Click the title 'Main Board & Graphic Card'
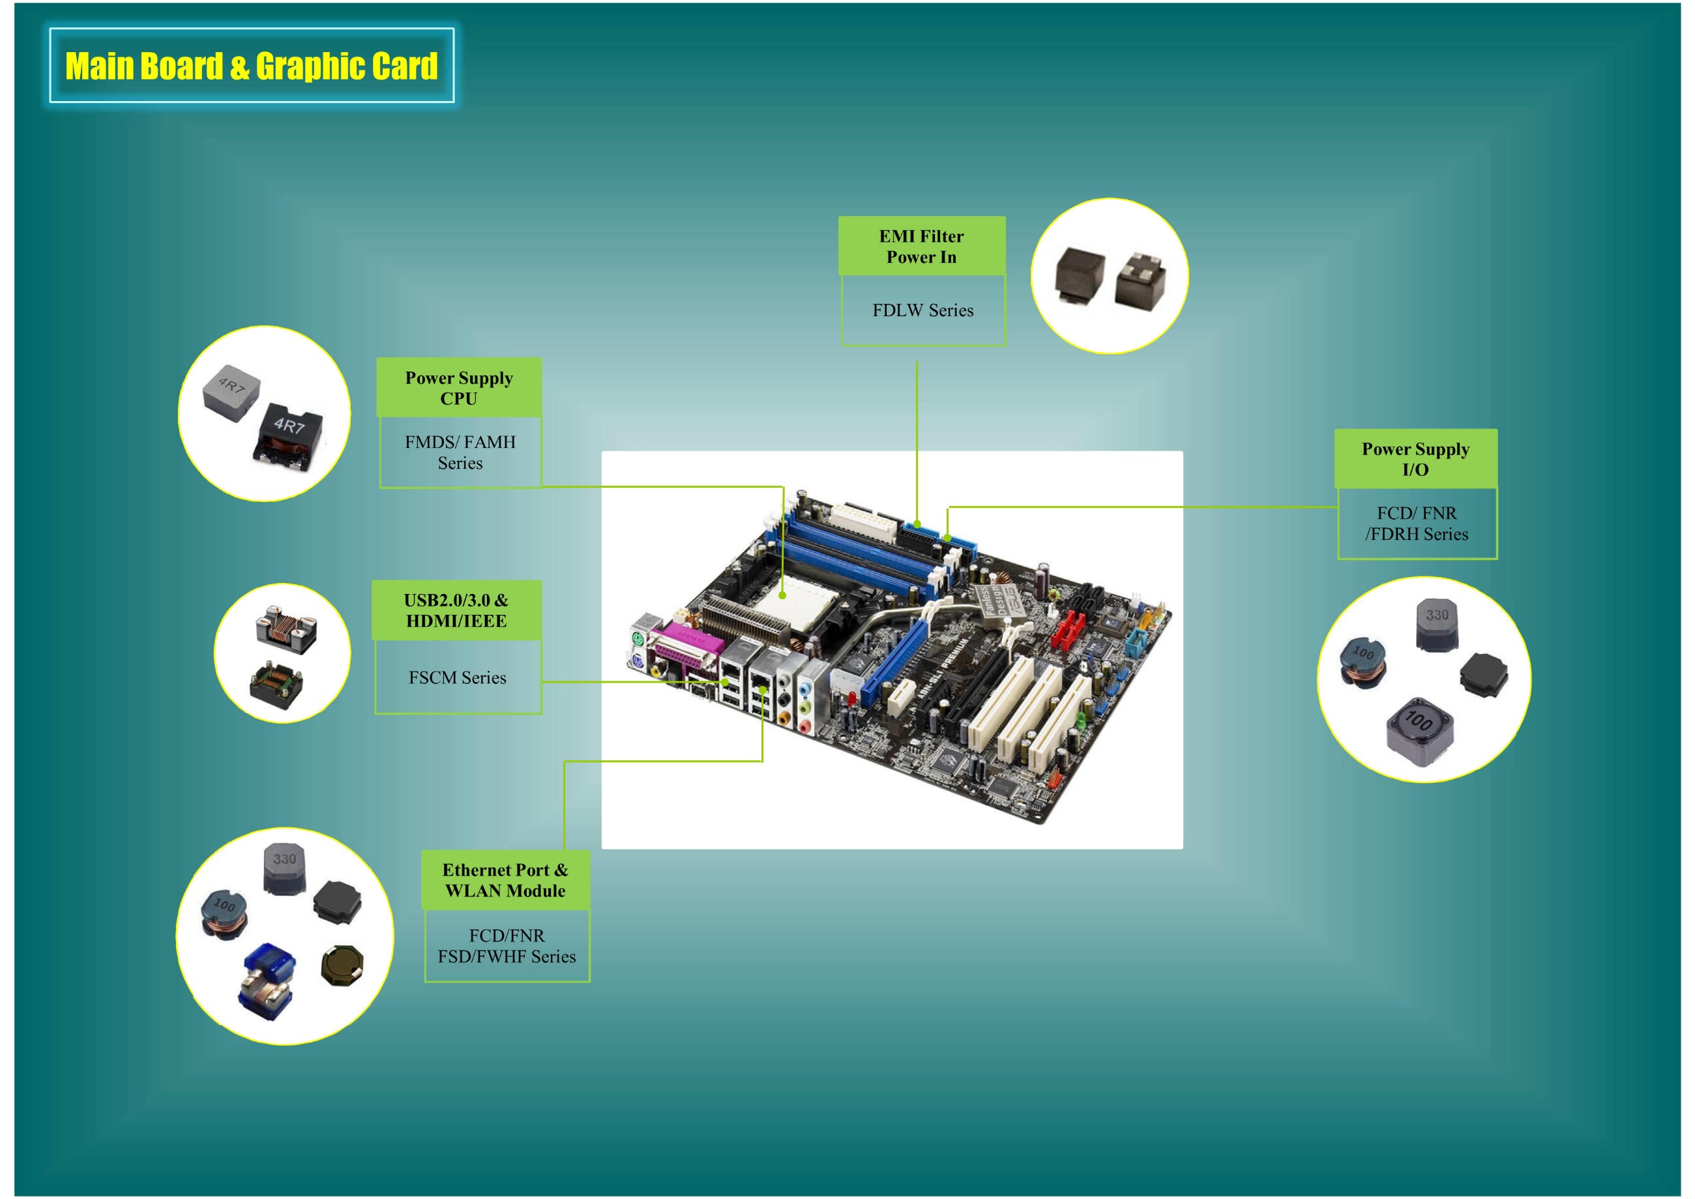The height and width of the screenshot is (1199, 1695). pyautogui.click(x=251, y=66)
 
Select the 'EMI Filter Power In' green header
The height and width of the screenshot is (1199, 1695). pyautogui.click(x=921, y=246)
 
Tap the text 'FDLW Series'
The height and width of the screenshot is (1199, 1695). pyautogui.click(x=923, y=311)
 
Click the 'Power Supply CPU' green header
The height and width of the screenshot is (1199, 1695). pyautogui.click(x=458, y=389)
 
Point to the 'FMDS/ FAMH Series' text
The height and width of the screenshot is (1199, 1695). pyautogui.click(x=460, y=452)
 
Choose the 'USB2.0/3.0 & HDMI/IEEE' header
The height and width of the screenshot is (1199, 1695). pyautogui.click(x=456, y=610)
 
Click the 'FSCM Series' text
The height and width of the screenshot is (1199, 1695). pyautogui.click(x=458, y=678)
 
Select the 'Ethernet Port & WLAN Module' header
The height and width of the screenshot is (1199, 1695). pyautogui.click(x=505, y=880)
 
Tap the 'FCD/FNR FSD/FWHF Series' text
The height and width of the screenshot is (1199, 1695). pyautogui.click(x=507, y=946)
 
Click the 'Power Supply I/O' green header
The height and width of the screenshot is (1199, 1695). pyautogui.click(x=1415, y=459)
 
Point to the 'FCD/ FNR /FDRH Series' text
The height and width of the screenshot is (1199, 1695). pyautogui.click(x=1417, y=524)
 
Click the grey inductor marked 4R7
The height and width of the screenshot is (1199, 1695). pyautogui.click(x=231, y=392)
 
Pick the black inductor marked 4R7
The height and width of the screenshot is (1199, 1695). pyautogui.click(x=290, y=437)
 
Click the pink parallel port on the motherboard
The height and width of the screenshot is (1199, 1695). pyautogui.click(x=687, y=647)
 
